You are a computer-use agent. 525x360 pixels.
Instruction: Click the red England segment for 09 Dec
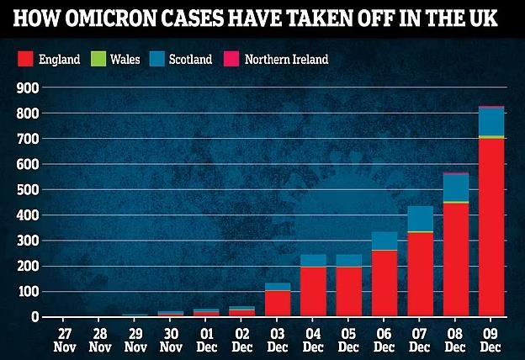click(491, 227)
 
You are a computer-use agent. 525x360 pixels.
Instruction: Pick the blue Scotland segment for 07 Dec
click(420, 219)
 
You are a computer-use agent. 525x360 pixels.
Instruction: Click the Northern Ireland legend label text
click(286, 59)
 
